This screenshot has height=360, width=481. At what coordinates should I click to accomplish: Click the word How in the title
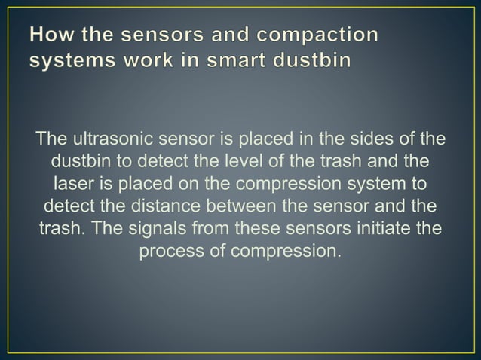click(52, 35)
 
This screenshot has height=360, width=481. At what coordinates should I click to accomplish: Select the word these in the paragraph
click(242, 227)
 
